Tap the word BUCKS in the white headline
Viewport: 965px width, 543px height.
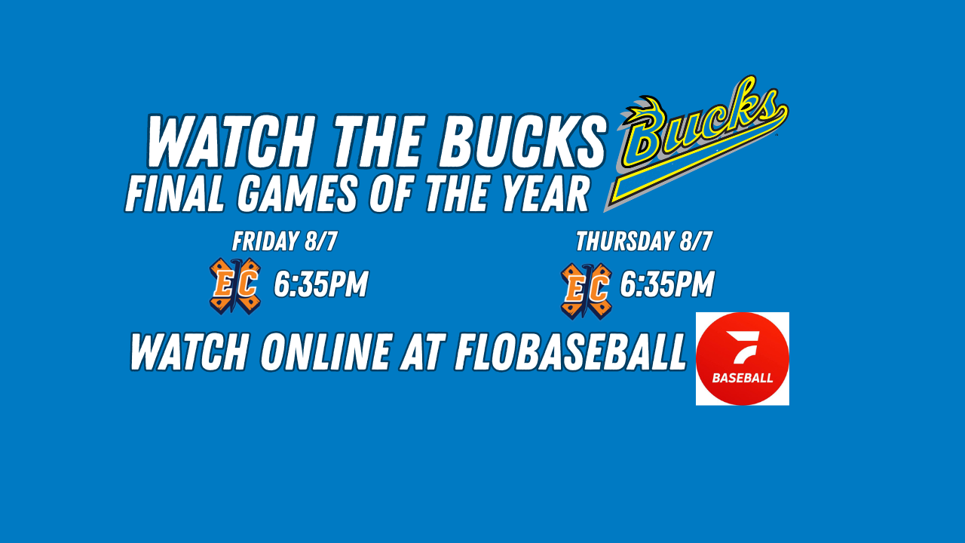pos(522,141)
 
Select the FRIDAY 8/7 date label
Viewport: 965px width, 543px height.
pos(285,241)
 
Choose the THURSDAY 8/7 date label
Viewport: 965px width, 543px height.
pos(644,241)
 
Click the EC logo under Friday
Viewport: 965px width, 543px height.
pos(235,286)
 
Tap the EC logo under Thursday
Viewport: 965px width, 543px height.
pos(587,291)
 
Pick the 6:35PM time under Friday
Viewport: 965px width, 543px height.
pos(321,284)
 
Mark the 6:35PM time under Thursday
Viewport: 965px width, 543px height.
pos(667,284)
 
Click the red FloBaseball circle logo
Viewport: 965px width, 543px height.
pos(743,358)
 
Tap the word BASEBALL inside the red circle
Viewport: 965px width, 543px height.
pos(743,379)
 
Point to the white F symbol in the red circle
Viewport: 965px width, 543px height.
pos(742,347)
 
